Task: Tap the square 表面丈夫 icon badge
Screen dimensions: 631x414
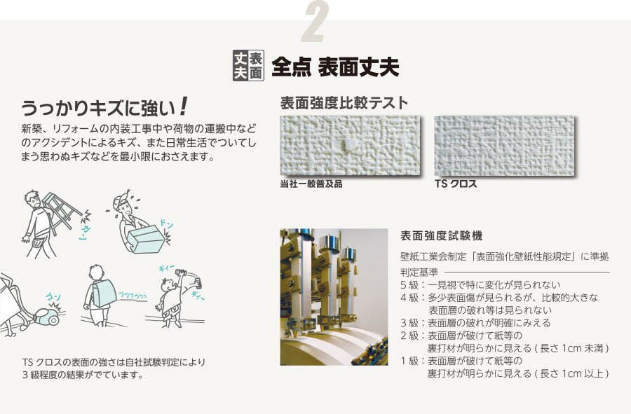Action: (248, 66)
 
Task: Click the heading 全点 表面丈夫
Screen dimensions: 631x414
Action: (335, 67)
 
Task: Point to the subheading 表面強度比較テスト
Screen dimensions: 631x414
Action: (344, 103)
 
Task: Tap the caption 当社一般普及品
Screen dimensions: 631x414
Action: (311, 184)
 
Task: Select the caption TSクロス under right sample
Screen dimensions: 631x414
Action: (456, 184)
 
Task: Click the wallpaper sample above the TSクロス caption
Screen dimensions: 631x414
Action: (505, 146)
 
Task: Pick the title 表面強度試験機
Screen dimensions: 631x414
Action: (442, 235)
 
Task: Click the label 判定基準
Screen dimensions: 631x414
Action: (419, 272)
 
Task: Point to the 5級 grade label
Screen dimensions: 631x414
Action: (409, 285)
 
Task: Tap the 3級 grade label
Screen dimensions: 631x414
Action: (409, 323)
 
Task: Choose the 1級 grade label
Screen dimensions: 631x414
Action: (409, 361)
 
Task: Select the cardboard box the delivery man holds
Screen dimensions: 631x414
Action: (147, 239)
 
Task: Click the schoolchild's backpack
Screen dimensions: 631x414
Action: (104, 294)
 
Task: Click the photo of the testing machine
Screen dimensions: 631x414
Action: (334, 297)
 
